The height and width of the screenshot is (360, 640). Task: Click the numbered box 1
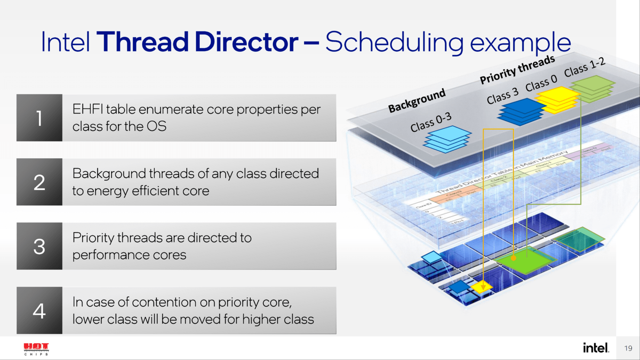point(39,118)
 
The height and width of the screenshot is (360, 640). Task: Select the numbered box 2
point(39,182)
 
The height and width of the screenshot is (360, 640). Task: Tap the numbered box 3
point(39,246)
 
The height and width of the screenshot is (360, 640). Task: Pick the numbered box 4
point(39,310)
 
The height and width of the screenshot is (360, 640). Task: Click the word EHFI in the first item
point(88,109)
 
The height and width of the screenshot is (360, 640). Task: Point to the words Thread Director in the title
point(197,42)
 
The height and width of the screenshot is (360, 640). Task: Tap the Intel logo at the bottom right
point(595,347)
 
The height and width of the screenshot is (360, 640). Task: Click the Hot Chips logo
point(36,348)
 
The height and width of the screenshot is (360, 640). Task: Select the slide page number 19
point(628,348)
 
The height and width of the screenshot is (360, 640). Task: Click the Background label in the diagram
point(416,100)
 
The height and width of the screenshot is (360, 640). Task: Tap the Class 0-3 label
point(431,122)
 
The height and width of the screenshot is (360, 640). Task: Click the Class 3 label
point(502,96)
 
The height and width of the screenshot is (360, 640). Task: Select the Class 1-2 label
point(584,67)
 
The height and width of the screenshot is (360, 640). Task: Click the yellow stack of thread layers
point(557,100)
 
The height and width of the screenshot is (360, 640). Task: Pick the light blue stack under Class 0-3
point(448,139)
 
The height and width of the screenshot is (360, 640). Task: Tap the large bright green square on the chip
point(526,261)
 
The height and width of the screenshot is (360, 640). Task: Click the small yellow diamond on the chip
point(482,287)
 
